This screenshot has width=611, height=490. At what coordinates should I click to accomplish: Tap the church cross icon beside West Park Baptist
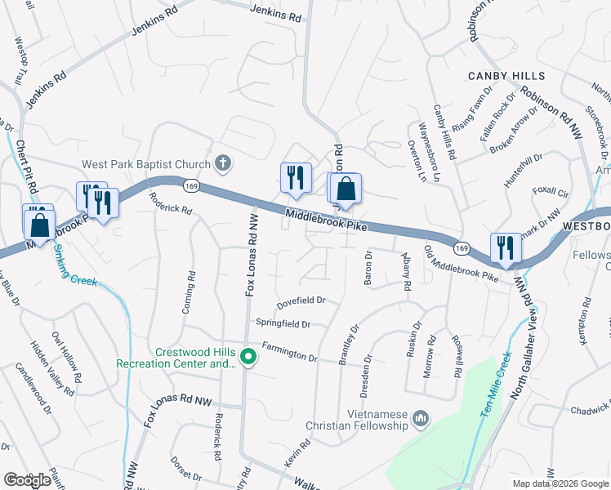222,163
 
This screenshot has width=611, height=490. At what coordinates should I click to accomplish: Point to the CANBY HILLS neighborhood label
506,76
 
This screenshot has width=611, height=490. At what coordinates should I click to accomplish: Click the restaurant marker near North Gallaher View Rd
505,247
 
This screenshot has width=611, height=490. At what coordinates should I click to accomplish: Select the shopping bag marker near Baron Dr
346,189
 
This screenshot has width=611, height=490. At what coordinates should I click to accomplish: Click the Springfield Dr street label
283,323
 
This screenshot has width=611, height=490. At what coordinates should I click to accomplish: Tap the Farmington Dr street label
290,351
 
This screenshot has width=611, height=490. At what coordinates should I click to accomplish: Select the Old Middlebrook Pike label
462,263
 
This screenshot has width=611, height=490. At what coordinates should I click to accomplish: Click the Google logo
27,480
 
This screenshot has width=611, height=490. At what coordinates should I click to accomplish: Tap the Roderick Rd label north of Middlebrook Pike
170,203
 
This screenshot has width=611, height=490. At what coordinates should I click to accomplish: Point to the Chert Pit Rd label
27,167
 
